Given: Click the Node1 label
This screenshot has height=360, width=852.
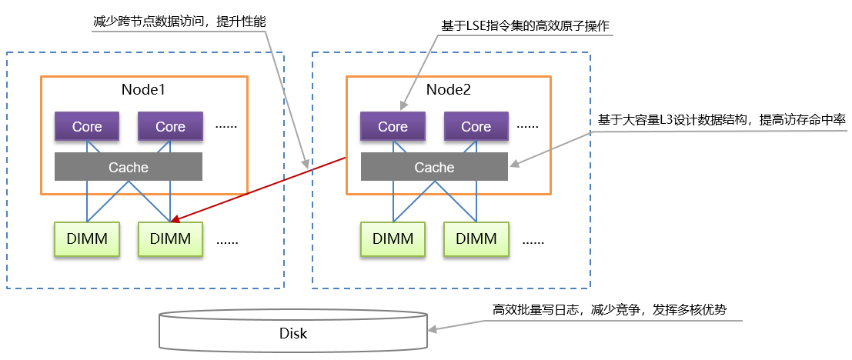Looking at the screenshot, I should coord(143,89).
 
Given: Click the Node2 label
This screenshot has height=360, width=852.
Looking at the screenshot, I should coord(449,89).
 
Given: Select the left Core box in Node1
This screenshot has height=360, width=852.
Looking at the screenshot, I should coord(87,126).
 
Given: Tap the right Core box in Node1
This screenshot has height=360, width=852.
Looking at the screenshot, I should coord(170,126).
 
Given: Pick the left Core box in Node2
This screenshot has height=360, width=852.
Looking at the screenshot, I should coord(393,126).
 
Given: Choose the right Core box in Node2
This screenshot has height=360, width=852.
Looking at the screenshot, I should coord(476,126).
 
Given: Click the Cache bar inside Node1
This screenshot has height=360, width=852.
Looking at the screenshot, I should coord(129,167).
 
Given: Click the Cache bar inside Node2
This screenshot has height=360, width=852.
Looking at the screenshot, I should coord(434,167).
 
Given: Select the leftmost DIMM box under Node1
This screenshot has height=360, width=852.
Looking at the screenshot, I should coord(87,238).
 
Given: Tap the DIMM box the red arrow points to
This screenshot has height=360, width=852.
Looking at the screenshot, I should coord(170,238).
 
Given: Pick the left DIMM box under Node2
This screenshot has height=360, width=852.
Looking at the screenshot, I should coord(393,238).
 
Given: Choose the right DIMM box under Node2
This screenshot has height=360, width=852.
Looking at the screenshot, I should coord(476,238).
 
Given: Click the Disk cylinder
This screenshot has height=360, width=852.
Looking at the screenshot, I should coord(292,332).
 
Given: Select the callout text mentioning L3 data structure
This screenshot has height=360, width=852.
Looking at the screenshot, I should coord(721,121).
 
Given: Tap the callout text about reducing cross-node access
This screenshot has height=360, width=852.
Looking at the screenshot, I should coord(178,22).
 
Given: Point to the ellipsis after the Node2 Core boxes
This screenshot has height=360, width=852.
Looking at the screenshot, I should coord(529,125).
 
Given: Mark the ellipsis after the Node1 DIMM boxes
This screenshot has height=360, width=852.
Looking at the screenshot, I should coord(227,240).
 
